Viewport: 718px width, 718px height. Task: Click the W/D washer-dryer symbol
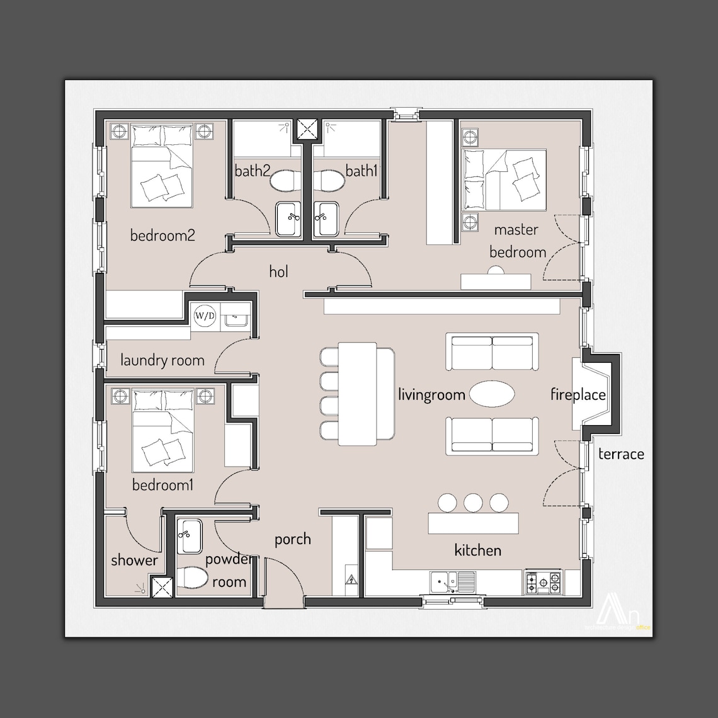[x=203, y=314]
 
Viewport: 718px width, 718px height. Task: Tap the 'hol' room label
[x=278, y=271]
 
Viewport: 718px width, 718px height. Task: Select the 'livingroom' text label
[x=431, y=395]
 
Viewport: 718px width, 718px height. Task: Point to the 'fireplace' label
[x=578, y=395]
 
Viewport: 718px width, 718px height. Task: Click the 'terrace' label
[x=621, y=453]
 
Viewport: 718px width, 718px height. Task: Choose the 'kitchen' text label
[x=478, y=550]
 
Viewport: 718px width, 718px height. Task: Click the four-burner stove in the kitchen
[x=543, y=582]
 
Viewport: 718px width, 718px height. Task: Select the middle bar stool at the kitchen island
[x=473, y=503]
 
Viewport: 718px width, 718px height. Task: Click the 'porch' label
[x=292, y=539]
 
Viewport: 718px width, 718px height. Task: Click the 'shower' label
[x=134, y=560]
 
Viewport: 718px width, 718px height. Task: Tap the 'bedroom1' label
[x=162, y=485]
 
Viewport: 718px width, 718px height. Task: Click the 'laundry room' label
[x=162, y=360]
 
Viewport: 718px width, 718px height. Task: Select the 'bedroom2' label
[x=162, y=236]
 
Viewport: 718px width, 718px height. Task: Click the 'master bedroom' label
[x=517, y=241]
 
